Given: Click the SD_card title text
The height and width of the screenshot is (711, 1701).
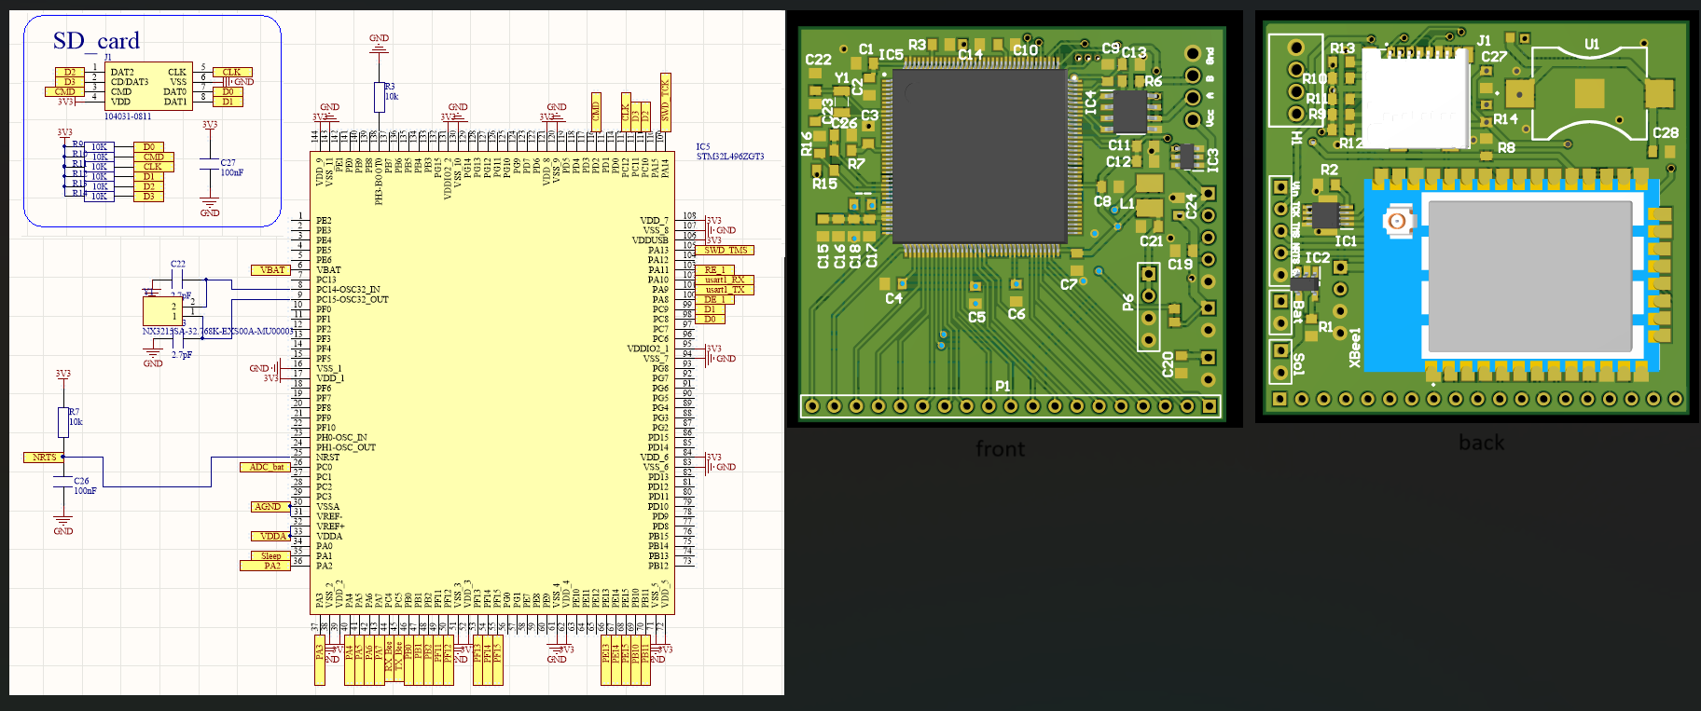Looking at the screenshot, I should [x=96, y=41].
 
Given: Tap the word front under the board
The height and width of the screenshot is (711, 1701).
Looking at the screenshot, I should [x=1000, y=449].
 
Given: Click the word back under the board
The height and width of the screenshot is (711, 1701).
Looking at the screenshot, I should [x=1481, y=443].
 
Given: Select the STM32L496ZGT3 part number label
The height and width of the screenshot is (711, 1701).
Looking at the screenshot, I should [x=730, y=157].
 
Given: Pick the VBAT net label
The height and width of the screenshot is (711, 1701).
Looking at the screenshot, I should [x=271, y=270].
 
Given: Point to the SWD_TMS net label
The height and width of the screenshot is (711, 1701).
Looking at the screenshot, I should [x=726, y=250].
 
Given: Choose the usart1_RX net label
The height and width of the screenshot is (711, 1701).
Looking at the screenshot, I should [x=726, y=280].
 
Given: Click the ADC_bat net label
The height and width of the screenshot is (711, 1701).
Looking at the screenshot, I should [x=266, y=467].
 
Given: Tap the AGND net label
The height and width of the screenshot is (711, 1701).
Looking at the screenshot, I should [x=268, y=507].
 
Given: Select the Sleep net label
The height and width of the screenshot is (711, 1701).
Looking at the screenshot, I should [x=270, y=556].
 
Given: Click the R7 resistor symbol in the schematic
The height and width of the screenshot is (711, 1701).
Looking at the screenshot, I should [x=63, y=421].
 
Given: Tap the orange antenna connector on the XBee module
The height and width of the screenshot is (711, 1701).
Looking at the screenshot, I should [x=1396, y=222].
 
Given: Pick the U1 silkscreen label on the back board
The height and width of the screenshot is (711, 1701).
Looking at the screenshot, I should [x=1592, y=44].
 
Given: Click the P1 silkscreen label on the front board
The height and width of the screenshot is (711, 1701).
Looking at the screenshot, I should [x=1003, y=386].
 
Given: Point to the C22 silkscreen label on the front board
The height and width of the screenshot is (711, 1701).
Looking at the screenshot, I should [x=818, y=60].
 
